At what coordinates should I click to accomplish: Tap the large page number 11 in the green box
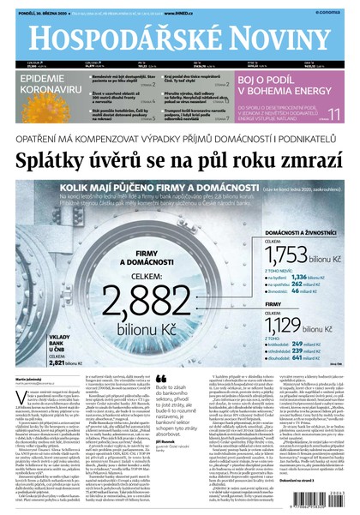click(x=334, y=115)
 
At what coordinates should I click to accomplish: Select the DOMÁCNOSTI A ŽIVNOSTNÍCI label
click(x=301, y=231)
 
